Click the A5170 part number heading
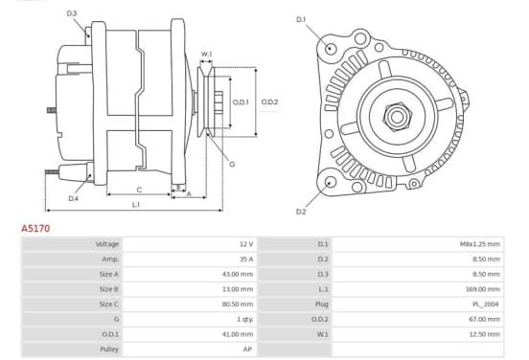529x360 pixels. pos(35,229)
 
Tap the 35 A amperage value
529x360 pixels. pos(246,259)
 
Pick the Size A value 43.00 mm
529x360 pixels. pos(238,274)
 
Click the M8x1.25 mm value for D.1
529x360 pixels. pos(480,244)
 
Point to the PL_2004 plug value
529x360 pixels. pos(486,304)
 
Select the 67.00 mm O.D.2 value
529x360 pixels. pos(485,319)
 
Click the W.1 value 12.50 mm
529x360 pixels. pos(485,334)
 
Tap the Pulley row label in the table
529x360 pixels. pos(109,349)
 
